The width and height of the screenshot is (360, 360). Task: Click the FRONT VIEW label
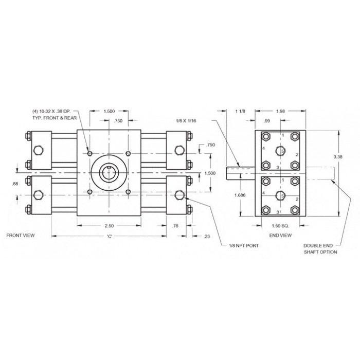(21, 236)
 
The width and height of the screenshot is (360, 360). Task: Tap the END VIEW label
(280, 236)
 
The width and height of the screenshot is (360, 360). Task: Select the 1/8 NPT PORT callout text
(244, 246)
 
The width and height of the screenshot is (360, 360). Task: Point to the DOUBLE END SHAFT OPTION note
(320, 248)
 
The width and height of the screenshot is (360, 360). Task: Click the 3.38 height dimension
(338, 157)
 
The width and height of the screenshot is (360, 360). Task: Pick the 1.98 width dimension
(280, 112)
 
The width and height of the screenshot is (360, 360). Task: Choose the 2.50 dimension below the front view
(109, 226)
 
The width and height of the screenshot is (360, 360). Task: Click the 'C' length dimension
(110, 236)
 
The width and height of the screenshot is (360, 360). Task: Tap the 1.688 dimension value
(240, 195)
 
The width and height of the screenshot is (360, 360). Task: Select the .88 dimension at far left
(15, 184)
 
